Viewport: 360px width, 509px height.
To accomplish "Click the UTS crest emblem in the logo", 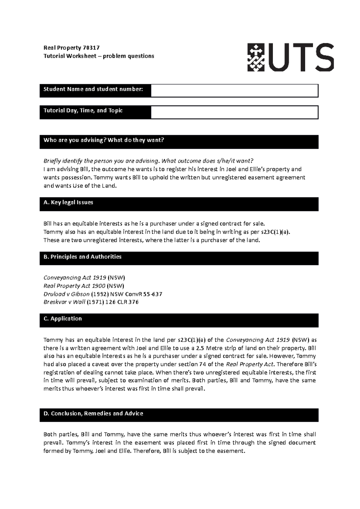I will pyautogui.click(x=256, y=58).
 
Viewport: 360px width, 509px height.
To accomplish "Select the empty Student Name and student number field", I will pyautogui.click(x=234, y=91).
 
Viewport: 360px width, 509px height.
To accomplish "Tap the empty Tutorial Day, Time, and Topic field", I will pyautogui.click(x=234, y=112).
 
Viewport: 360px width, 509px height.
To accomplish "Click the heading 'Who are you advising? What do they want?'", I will pyautogui.click(x=104, y=140).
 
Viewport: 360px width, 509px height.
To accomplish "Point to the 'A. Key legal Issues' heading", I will pyautogui.click(x=68, y=202).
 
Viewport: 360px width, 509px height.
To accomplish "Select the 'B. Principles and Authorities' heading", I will pyautogui.click(x=82, y=257).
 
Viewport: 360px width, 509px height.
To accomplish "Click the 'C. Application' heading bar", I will pyautogui.click(x=63, y=319).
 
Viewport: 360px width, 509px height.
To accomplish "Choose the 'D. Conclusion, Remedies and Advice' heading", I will pyautogui.click(x=93, y=413).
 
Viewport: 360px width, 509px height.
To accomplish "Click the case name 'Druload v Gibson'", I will pyautogui.click(x=67, y=294).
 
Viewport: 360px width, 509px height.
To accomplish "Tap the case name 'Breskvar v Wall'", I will pyautogui.click(x=64, y=302).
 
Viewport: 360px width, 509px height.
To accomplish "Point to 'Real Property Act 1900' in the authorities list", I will pyautogui.click(x=74, y=286).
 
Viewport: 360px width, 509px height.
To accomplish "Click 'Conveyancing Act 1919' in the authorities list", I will pyautogui.click(x=75, y=278).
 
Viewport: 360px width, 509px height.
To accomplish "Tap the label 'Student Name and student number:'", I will pyautogui.click(x=93, y=89).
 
